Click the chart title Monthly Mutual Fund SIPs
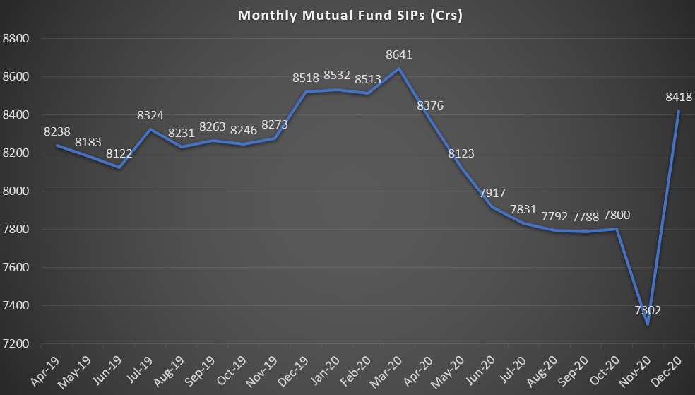click(350, 15)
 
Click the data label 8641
click(399, 54)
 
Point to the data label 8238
click(57, 131)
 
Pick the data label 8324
click(150, 114)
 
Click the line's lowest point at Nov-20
click(647, 324)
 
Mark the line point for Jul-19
click(150, 129)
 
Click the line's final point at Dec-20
click(677, 111)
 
